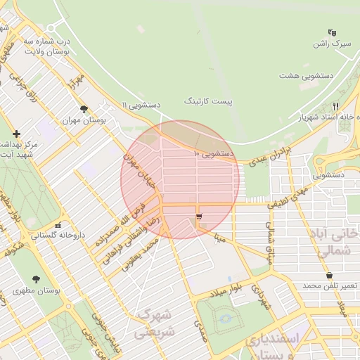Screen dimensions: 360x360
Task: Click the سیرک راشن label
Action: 332,44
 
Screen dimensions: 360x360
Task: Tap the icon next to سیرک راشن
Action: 332,32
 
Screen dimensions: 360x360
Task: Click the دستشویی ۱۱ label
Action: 141,105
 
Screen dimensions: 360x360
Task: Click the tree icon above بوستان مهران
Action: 84,109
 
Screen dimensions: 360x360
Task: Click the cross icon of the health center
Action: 15,133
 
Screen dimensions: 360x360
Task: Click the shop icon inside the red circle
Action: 200,217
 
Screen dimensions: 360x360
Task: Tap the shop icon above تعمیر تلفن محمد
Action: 329,275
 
